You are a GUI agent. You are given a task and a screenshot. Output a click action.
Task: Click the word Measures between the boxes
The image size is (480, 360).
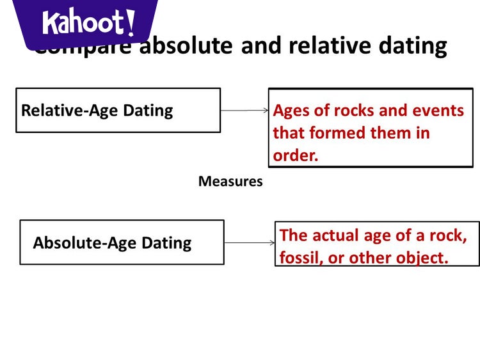[x=230, y=182]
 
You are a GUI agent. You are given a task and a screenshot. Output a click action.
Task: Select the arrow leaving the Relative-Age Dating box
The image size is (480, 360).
[x=244, y=111]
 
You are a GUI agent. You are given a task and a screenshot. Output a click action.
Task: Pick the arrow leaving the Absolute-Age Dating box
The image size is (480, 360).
[x=250, y=243]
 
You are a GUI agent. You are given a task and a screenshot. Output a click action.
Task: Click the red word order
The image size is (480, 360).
[x=295, y=155]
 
